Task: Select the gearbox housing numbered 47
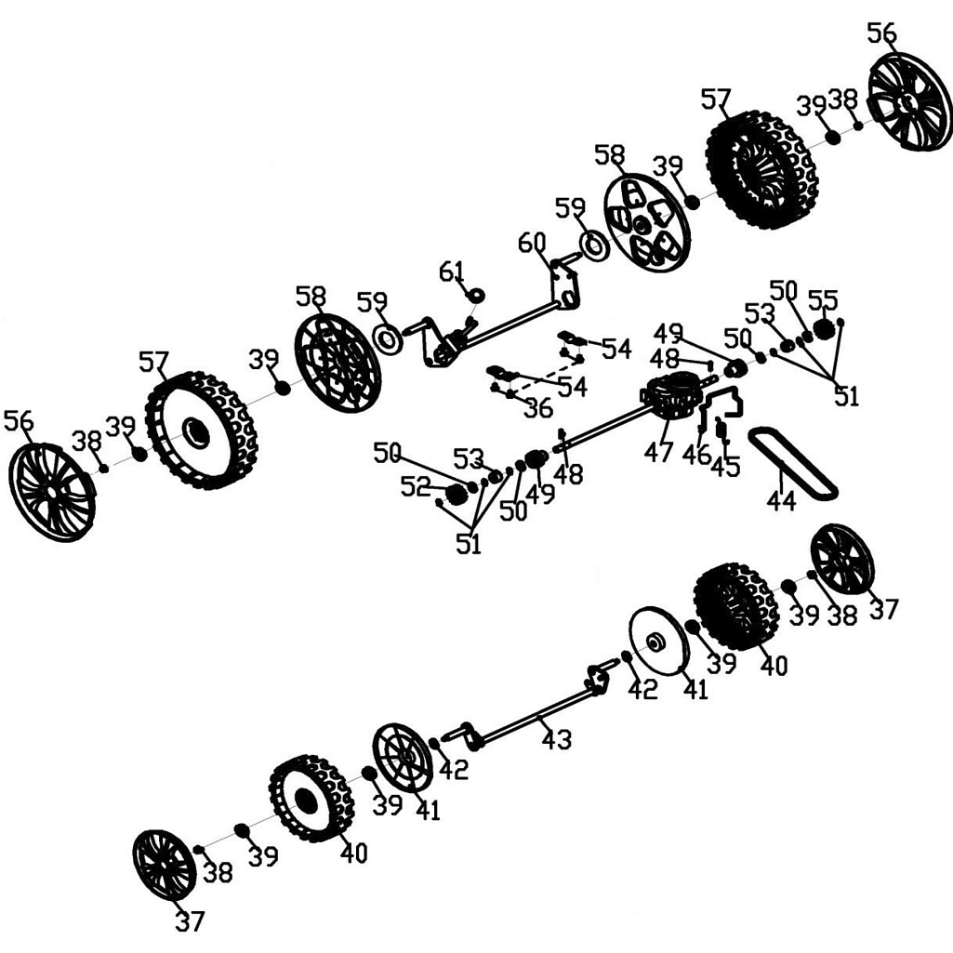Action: pyautogui.click(x=671, y=396)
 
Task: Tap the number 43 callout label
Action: pyautogui.click(x=556, y=739)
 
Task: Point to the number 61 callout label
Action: pyautogui.click(x=451, y=271)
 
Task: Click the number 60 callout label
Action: pyautogui.click(x=532, y=245)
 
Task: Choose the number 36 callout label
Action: pyautogui.click(x=537, y=408)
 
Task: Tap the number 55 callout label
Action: pyautogui.click(x=823, y=299)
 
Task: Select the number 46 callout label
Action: pyautogui.click(x=695, y=456)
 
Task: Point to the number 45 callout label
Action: pyautogui.click(x=725, y=467)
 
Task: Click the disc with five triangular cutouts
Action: pyautogui.click(x=646, y=220)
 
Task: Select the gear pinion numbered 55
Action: pyautogui.click(x=823, y=328)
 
